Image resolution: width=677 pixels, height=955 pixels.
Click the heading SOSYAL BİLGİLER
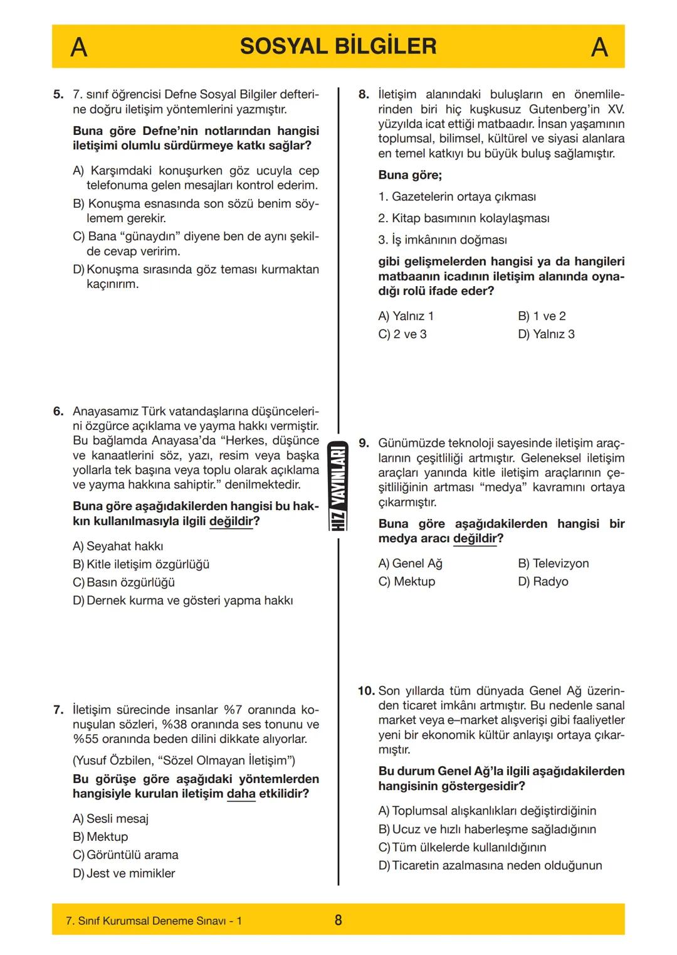(338, 46)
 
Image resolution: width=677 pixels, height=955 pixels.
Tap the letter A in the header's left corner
(78, 47)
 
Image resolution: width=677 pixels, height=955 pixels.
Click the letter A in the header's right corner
(599, 47)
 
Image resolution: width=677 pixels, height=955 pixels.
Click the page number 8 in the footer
(338, 920)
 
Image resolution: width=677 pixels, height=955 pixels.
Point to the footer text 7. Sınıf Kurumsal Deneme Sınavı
(154, 921)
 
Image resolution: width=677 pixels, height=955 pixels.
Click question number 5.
(58, 95)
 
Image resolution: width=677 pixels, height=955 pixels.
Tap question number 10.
(366, 691)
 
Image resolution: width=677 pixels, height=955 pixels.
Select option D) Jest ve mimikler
(123, 873)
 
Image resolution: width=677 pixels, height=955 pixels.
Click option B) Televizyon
(553, 563)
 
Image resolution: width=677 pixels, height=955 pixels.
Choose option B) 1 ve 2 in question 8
(542, 316)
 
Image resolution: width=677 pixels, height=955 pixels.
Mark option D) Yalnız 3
(546, 334)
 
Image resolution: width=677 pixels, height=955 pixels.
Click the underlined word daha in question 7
(241, 794)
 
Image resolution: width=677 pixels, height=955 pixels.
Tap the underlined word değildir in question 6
(231, 521)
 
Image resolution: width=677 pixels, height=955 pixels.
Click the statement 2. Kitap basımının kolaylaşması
(463, 218)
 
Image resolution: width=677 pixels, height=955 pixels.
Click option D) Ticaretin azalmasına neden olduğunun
(490, 865)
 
